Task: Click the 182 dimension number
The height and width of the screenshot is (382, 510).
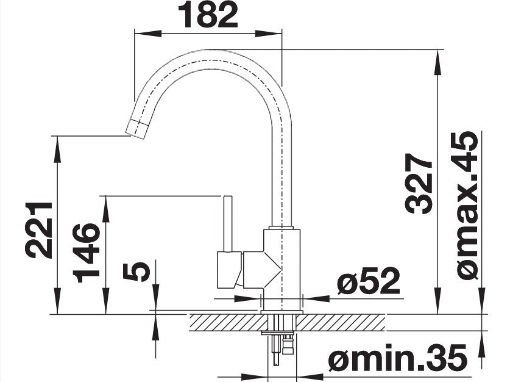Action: [x=208, y=15]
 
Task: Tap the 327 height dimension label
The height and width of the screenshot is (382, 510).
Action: [x=419, y=184]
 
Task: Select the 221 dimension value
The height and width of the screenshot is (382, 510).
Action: [x=39, y=230]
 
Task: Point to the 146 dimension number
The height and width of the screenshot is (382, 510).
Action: [x=86, y=253]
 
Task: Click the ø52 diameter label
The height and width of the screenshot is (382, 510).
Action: [x=369, y=281]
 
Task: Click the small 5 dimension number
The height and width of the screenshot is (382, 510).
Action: [x=136, y=272]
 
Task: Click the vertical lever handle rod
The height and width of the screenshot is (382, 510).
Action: [x=227, y=224]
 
